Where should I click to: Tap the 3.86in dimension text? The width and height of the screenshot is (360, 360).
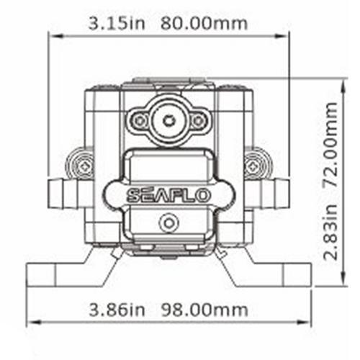click(x=113, y=310)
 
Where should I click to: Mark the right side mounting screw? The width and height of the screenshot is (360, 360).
click(x=253, y=166)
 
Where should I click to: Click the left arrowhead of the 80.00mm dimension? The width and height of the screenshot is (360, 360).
click(x=51, y=34)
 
